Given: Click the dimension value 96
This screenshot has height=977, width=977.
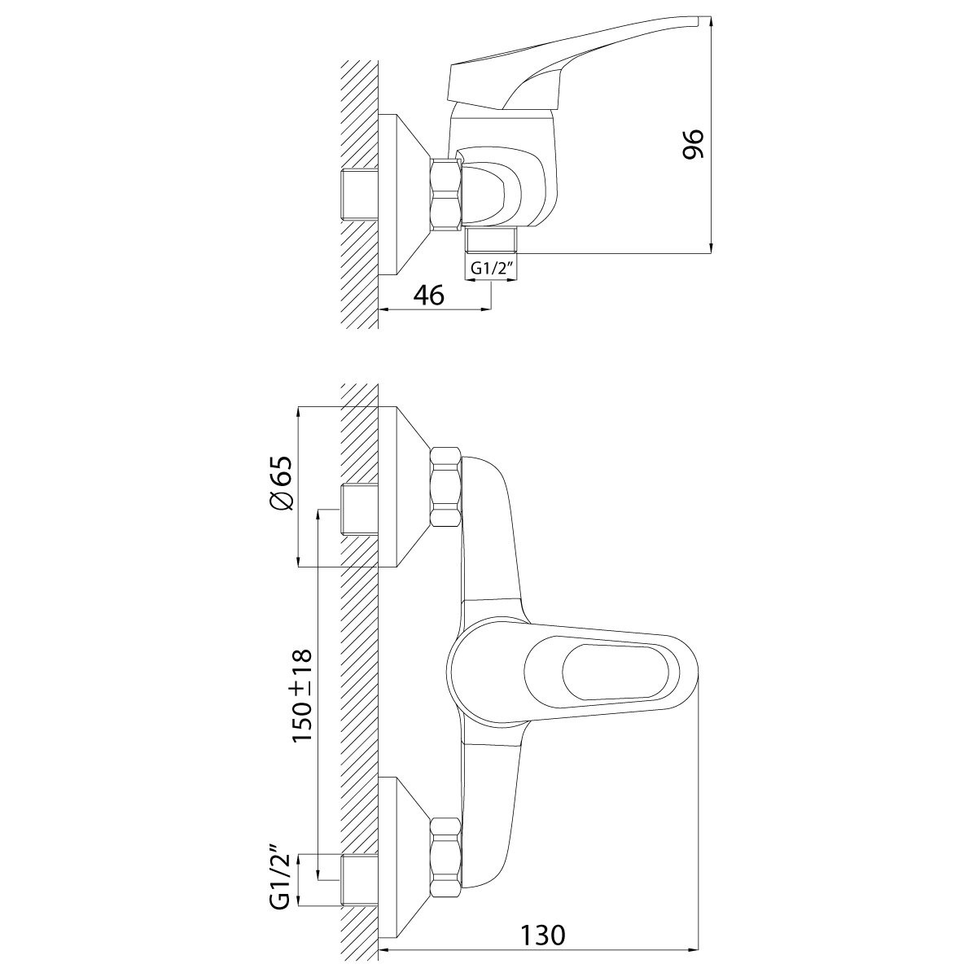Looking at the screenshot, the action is [693, 144].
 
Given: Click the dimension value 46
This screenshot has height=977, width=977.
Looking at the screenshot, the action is [429, 295].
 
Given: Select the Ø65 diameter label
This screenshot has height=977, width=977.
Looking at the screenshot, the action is [282, 483].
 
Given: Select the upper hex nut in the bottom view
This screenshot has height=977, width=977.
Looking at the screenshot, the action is [446, 486].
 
